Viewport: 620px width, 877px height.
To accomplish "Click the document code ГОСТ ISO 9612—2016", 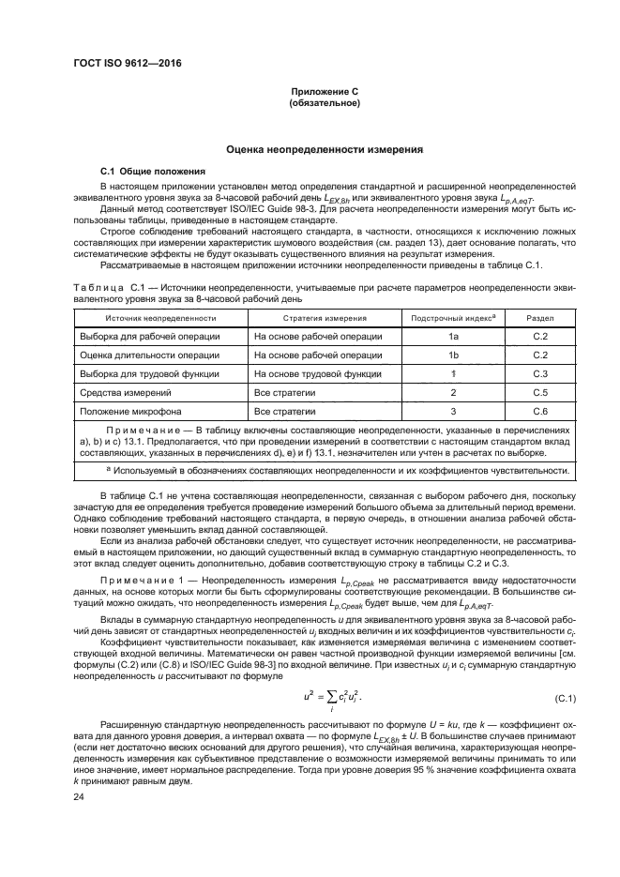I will (127, 63).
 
